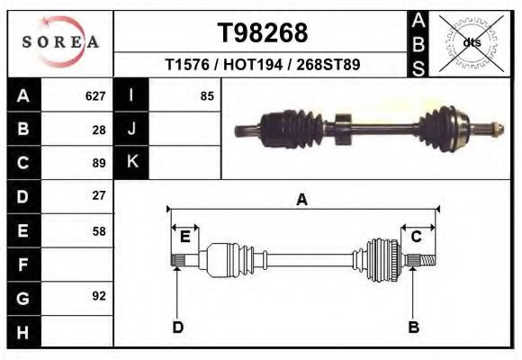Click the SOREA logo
(60, 43)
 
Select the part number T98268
(263, 33)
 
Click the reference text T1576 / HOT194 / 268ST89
(263, 65)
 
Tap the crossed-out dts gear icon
(471, 42)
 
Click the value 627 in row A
(95, 95)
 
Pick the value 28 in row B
(99, 129)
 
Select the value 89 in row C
(99, 163)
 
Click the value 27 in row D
(99, 195)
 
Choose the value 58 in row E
(99, 230)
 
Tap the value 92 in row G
(99, 295)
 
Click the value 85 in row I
(206, 95)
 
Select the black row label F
(22, 265)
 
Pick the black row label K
(131, 162)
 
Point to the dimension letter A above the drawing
(301, 200)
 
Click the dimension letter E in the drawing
(184, 237)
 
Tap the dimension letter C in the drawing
(417, 237)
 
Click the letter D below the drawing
(178, 327)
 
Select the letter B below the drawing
(414, 327)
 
